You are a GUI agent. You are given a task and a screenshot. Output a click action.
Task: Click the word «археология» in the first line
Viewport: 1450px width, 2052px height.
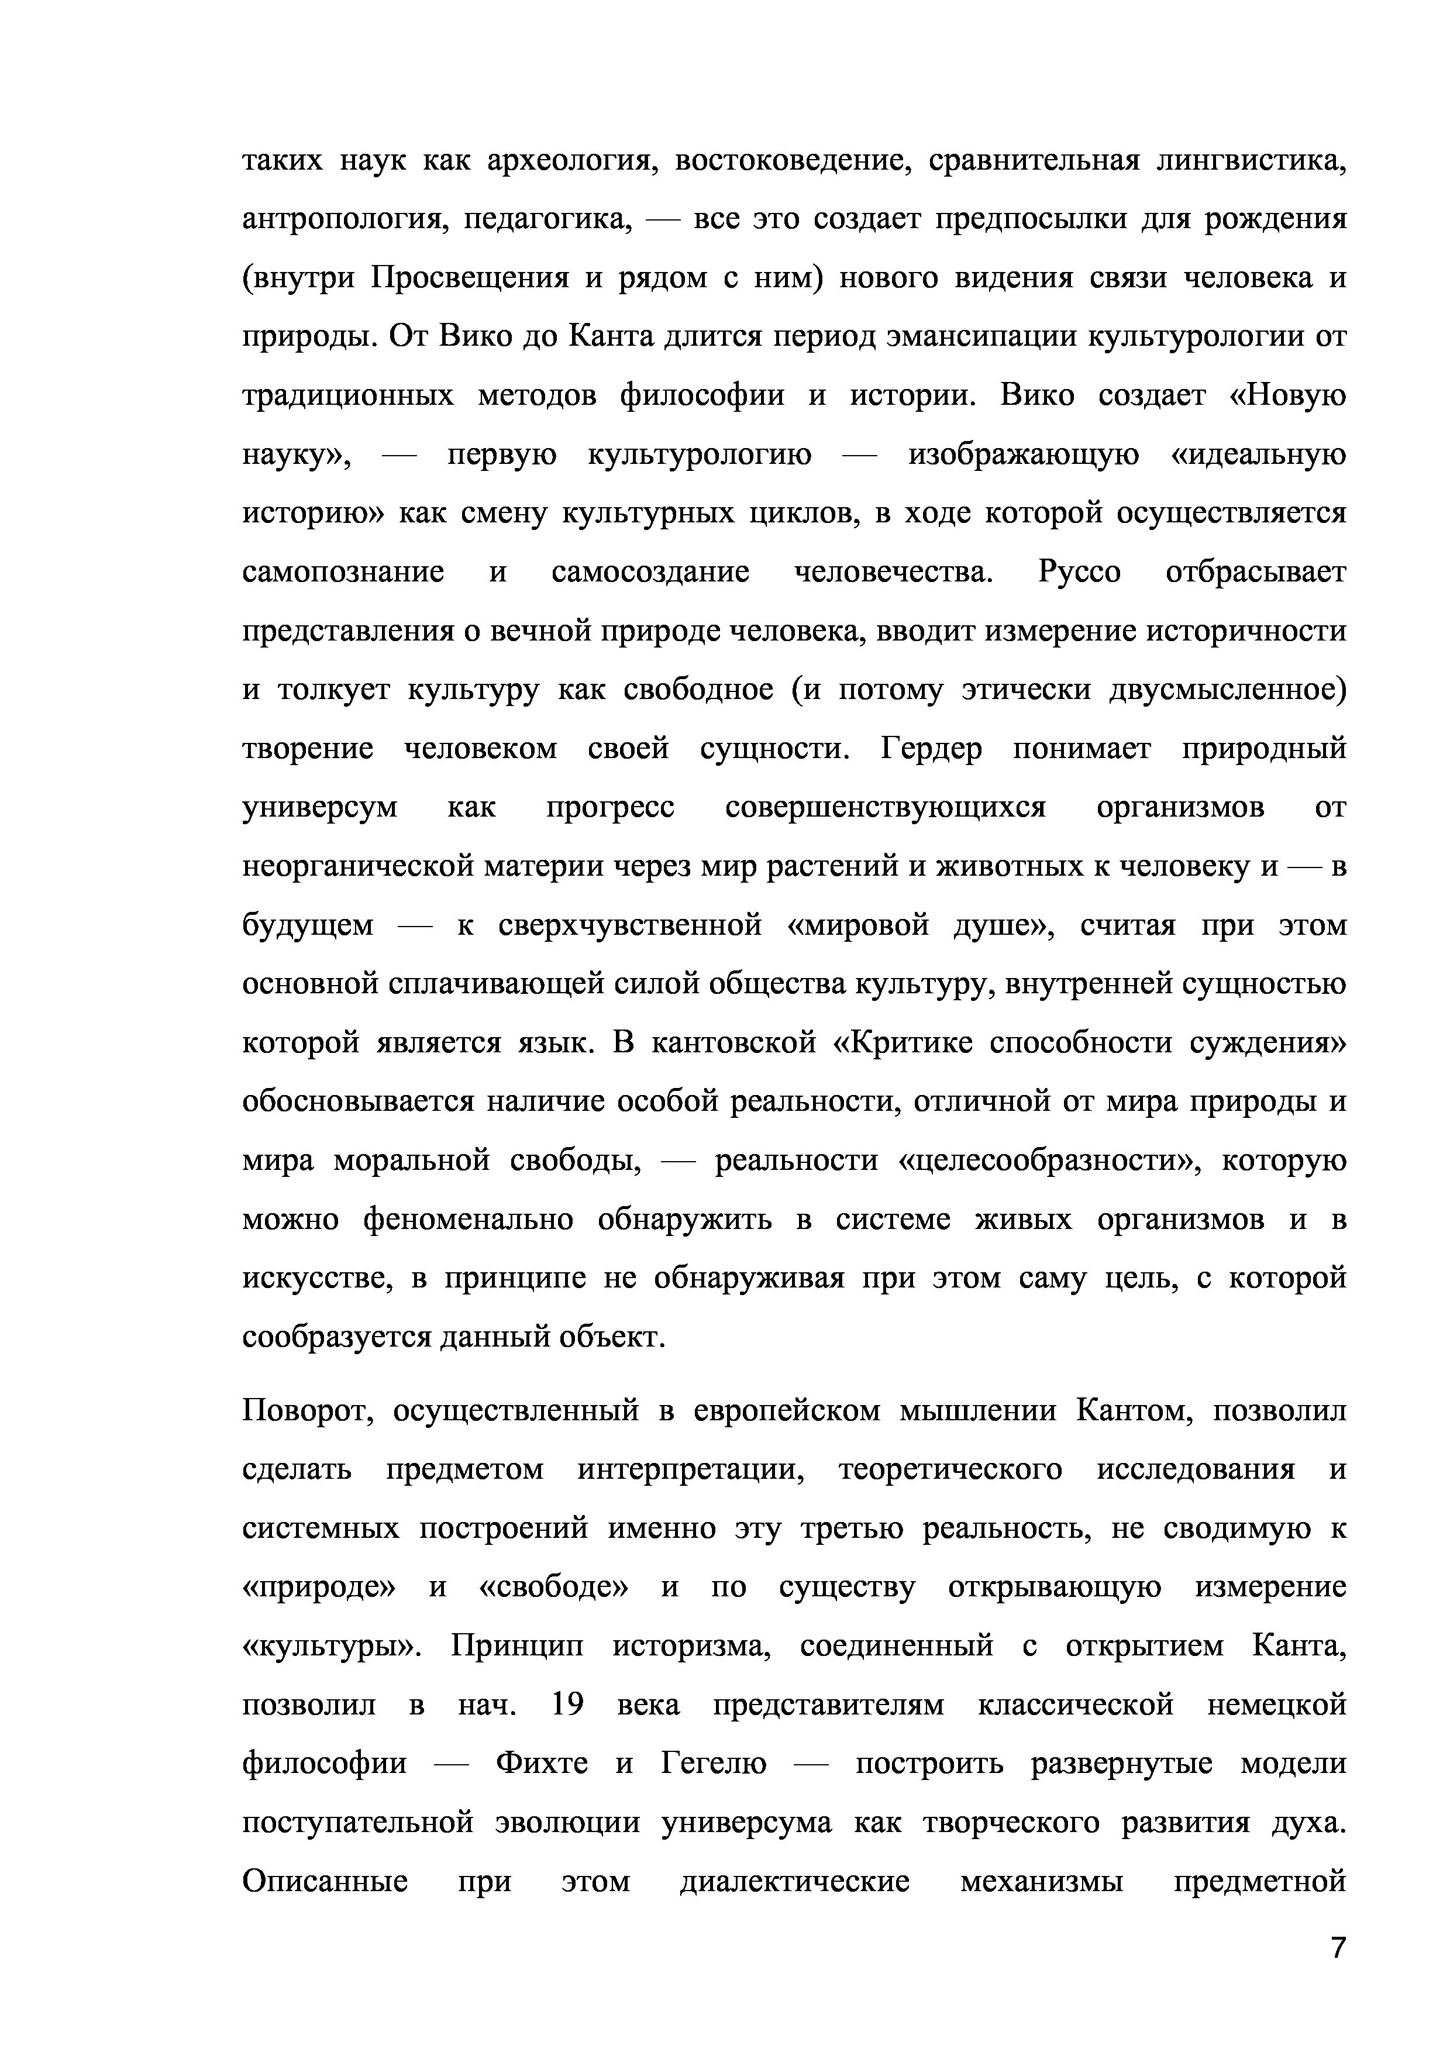tap(566, 162)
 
